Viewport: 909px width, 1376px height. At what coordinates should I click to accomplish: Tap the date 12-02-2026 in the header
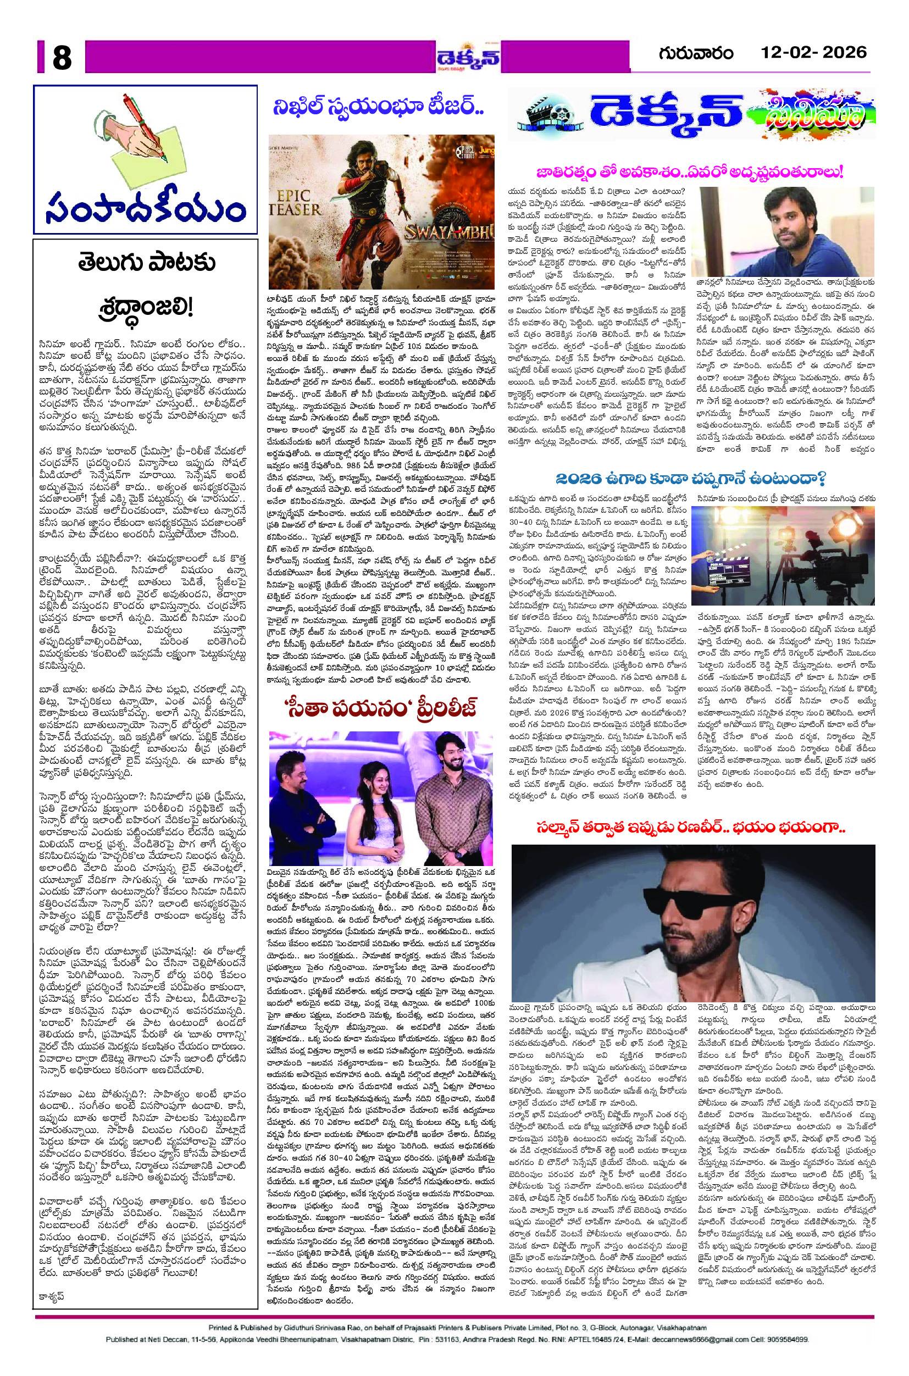point(813,53)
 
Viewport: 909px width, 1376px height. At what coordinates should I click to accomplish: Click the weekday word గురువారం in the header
point(696,53)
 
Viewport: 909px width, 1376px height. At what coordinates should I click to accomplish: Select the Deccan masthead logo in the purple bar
point(468,57)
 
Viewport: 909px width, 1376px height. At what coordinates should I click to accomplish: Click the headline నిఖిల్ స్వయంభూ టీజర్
point(379,107)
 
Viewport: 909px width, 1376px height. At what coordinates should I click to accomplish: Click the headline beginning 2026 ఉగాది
point(690,479)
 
